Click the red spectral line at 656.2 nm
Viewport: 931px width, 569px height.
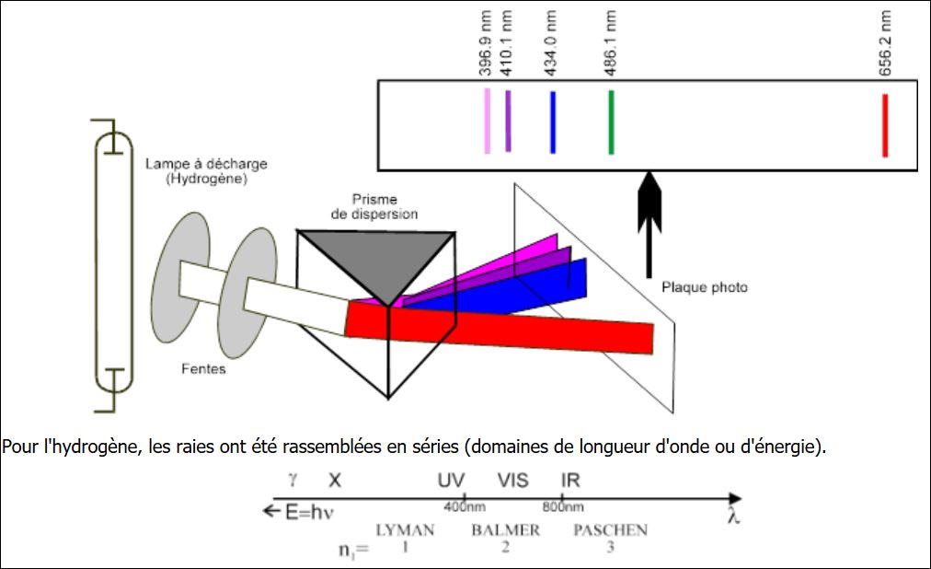pyautogui.click(x=884, y=125)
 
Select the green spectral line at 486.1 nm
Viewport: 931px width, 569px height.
pyautogui.click(x=611, y=122)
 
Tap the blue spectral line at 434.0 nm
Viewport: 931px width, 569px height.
pyautogui.click(x=552, y=122)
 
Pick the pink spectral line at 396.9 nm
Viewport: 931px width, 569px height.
pyautogui.click(x=488, y=120)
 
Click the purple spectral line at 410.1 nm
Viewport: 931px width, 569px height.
pyautogui.click(x=508, y=120)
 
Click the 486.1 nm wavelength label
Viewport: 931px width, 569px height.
pyautogui.click(x=612, y=42)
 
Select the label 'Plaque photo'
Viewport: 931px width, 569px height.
pyautogui.click(x=705, y=287)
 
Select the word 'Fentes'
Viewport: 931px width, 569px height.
pyautogui.click(x=203, y=369)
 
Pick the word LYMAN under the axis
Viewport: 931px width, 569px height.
pyautogui.click(x=405, y=530)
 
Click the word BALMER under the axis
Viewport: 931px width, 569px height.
pyautogui.click(x=505, y=530)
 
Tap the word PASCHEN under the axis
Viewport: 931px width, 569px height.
pyautogui.click(x=610, y=530)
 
